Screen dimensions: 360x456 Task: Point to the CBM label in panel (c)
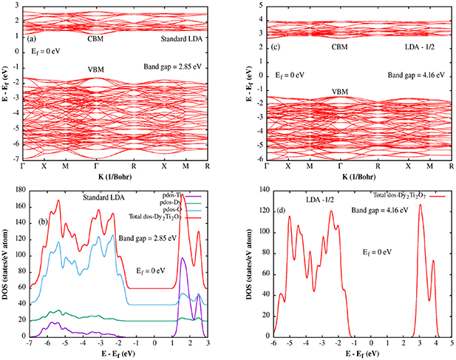(340, 46)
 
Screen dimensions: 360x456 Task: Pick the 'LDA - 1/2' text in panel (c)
(424, 46)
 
